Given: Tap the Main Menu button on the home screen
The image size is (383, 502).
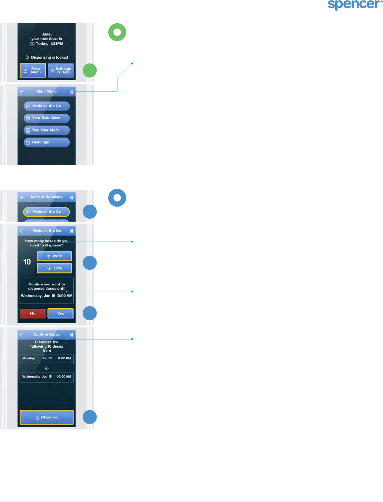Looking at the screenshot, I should [33, 70].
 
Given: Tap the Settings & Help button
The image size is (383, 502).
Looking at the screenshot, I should [61, 70].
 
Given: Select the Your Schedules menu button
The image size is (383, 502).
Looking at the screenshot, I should [47, 118].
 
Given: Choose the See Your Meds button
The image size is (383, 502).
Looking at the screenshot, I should [47, 130].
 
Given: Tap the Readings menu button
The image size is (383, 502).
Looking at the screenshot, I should [47, 142].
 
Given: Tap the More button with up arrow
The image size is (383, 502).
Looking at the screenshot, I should [54, 256].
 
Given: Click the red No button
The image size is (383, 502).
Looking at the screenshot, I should [33, 313].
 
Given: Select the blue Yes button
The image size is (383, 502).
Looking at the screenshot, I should [61, 313].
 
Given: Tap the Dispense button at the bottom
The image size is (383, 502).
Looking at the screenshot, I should [47, 417].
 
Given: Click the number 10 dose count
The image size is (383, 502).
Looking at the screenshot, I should [27, 262].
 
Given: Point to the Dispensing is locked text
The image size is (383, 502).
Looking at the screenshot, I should [47, 58].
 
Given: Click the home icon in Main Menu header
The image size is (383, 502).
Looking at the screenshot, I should [72, 92].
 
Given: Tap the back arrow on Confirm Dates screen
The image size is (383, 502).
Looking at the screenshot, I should [22, 335].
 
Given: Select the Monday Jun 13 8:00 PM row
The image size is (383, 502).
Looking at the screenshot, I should [47, 359].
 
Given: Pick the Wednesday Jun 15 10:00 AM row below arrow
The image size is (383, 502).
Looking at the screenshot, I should [47, 377].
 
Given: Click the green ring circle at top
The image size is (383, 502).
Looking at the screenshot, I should [117, 32].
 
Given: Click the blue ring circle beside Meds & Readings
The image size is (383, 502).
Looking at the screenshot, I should [117, 198].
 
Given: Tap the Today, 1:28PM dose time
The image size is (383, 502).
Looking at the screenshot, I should [49, 44].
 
